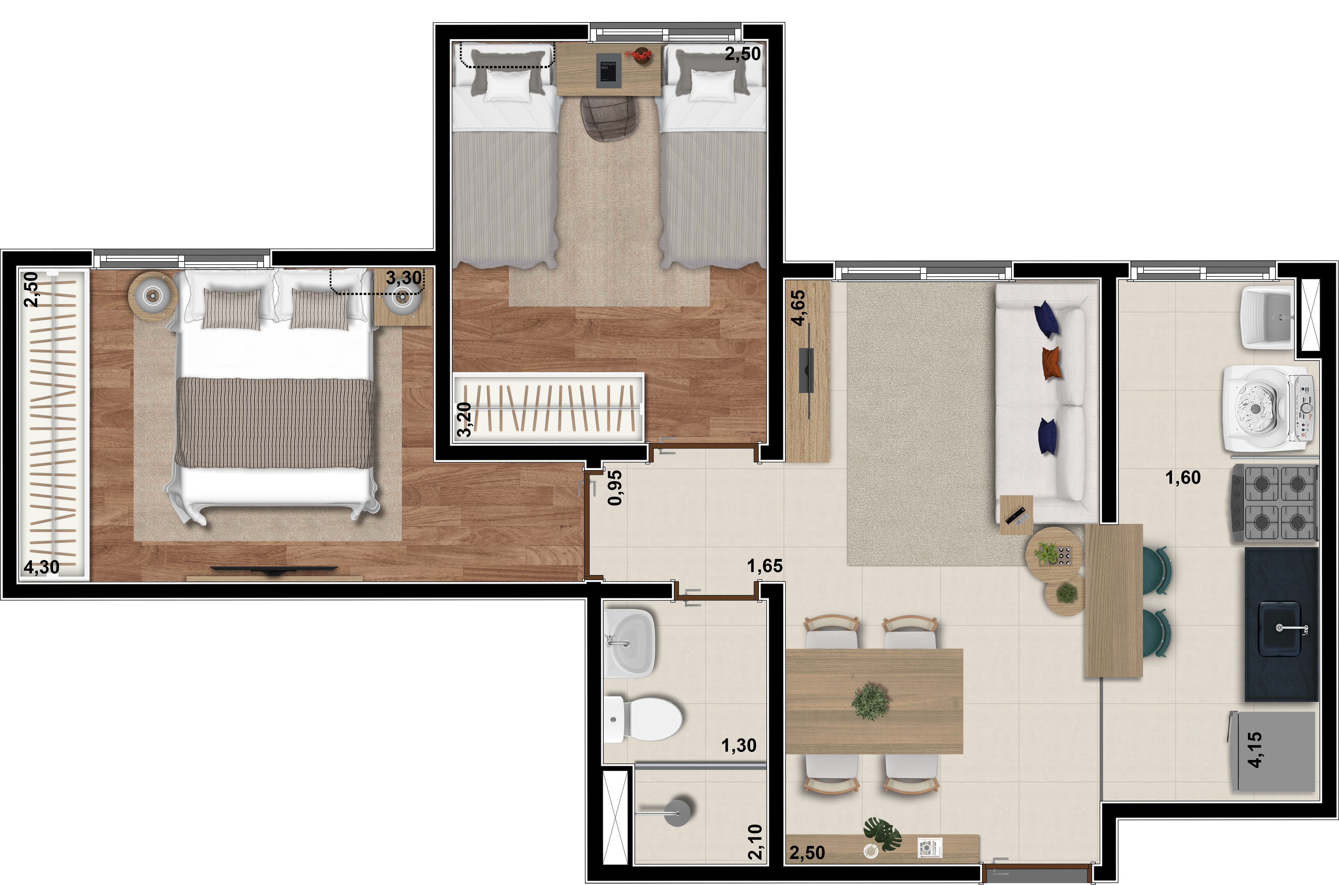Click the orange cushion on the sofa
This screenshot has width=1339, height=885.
[1051, 363]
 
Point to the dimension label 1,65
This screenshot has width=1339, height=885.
[765, 566]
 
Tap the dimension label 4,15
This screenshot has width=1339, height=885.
[1254, 750]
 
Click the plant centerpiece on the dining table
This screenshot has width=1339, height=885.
[870, 702]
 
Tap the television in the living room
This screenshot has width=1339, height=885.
[807, 371]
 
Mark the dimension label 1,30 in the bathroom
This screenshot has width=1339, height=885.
[739, 746]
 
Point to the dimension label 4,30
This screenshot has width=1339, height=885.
[41, 567]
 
